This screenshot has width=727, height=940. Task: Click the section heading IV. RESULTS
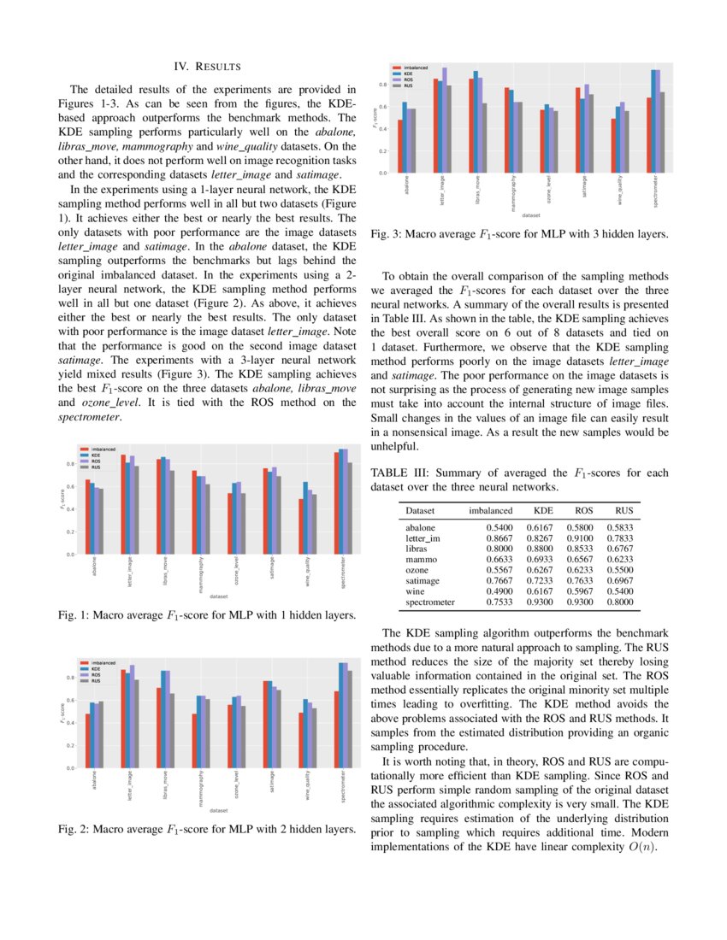point(207,66)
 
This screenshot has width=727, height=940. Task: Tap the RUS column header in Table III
point(624,510)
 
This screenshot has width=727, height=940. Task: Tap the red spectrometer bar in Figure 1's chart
point(336,503)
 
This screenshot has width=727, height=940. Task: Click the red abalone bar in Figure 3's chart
point(399,146)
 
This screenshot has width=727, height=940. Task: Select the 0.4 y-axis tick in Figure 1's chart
point(69,509)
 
